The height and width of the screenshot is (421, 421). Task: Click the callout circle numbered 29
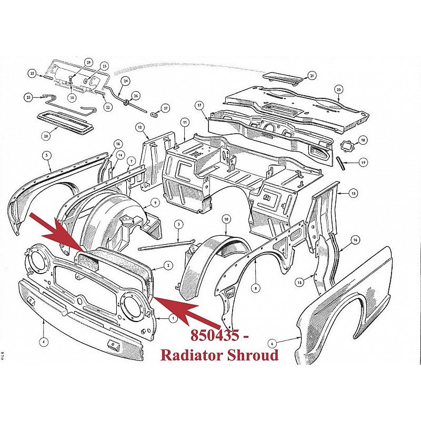(88, 63)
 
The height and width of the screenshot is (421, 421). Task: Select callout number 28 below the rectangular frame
(46, 136)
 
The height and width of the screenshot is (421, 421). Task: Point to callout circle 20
(338, 89)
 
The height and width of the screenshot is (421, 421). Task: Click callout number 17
(199, 105)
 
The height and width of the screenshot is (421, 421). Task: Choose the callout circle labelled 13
(353, 193)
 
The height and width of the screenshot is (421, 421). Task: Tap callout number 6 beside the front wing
(272, 344)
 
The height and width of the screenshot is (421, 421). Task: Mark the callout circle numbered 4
(44, 342)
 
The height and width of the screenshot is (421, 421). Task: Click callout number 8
(256, 288)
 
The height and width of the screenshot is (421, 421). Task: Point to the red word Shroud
(253, 355)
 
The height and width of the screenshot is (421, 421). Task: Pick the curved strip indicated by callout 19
(340, 164)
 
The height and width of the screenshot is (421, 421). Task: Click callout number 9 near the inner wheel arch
(155, 203)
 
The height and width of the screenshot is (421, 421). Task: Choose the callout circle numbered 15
(299, 282)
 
